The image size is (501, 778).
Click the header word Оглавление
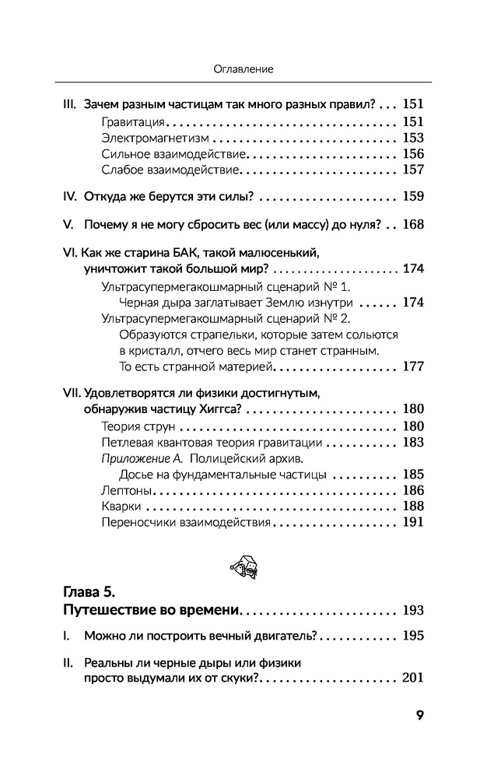click(x=243, y=69)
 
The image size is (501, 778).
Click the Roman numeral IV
click(x=66, y=196)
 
